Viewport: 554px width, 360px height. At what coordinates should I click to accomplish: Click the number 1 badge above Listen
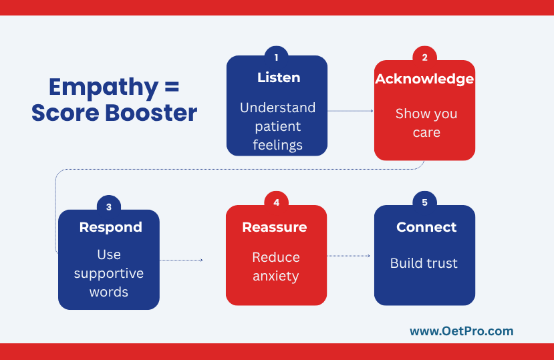tap(276, 57)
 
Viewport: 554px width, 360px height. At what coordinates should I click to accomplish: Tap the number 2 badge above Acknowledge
tap(424, 57)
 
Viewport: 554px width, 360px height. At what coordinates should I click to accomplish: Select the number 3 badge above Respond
tap(109, 206)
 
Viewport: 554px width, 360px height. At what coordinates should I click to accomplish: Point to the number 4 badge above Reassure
tap(276, 202)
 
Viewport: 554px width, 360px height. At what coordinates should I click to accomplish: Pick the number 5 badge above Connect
tap(424, 202)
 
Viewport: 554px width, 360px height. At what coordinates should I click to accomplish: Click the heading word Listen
tap(279, 77)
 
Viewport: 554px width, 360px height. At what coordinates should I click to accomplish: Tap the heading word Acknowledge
tap(424, 79)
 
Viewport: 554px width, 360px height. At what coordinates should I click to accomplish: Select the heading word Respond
tap(110, 228)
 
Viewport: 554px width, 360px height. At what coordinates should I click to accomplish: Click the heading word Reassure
tap(275, 227)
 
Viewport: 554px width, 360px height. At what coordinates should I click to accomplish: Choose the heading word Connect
tap(426, 227)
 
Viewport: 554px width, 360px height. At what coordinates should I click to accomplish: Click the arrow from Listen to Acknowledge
tap(350, 111)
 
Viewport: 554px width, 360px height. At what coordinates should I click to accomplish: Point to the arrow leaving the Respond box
tap(181, 260)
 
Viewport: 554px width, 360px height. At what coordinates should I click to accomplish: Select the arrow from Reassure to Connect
tap(348, 256)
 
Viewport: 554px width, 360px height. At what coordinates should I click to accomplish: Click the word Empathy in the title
tap(104, 87)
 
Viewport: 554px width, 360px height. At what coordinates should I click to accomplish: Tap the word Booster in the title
tap(151, 113)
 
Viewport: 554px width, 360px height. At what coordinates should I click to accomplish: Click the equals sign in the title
tap(172, 87)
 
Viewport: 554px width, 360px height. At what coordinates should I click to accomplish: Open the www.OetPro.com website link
tap(461, 331)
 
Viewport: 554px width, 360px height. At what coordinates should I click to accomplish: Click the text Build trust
tap(424, 263)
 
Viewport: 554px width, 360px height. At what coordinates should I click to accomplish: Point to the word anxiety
tap(276, 277)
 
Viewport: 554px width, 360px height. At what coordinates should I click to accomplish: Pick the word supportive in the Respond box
tap(109, 274)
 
